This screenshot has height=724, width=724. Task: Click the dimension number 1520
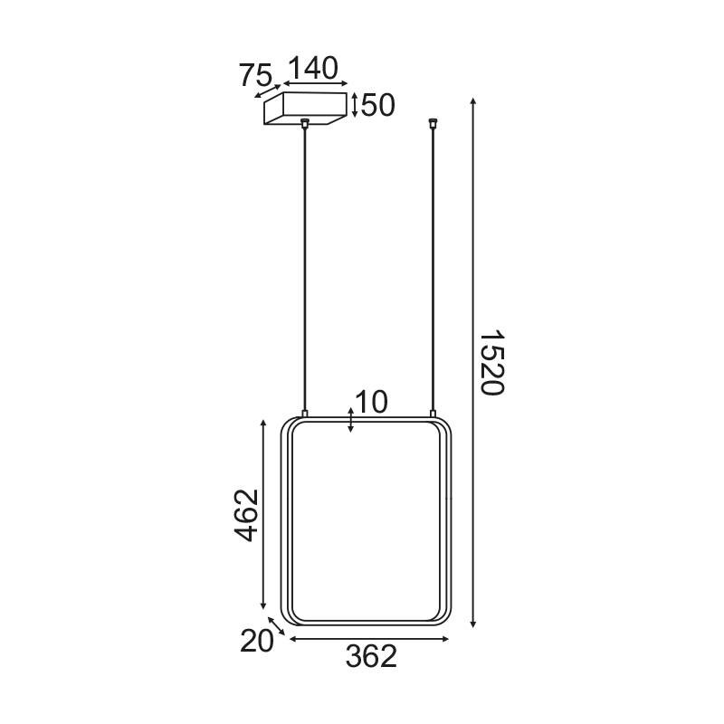490,362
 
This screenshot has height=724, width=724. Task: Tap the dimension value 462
247,515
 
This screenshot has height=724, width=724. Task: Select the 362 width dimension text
371,657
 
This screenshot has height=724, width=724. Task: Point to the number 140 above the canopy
312,69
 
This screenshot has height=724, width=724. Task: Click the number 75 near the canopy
256,76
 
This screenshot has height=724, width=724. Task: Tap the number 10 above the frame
371,403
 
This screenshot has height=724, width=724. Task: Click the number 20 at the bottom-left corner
257,642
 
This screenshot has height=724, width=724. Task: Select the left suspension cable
306,271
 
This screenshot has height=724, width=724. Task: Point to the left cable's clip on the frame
306,414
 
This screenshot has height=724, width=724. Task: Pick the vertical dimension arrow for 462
263,515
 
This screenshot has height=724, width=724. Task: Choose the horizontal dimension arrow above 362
368,639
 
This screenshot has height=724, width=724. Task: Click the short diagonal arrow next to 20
277,627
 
